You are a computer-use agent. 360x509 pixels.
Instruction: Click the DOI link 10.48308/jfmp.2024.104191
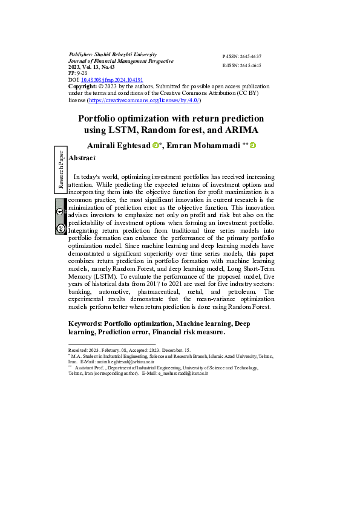click(x=113, y=80)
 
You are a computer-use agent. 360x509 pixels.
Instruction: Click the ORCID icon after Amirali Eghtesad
click(x=155, y=145)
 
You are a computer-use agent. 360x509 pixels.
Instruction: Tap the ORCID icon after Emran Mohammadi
click(x=253, y=145)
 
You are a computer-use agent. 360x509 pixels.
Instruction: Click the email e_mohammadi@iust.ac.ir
click(x=182, y=374)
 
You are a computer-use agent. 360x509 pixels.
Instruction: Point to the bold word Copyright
click(x=82, y=86)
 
